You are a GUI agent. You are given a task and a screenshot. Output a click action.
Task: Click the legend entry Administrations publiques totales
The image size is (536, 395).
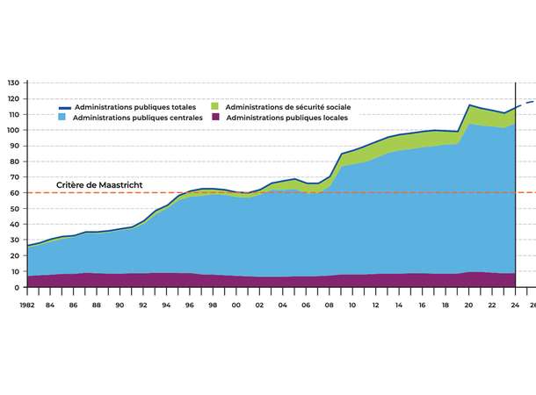point(135,106)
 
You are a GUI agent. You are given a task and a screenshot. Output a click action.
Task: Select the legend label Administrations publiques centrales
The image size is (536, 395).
point(138,117)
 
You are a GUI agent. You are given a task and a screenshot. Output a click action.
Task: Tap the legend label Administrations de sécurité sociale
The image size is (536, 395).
point(287,106)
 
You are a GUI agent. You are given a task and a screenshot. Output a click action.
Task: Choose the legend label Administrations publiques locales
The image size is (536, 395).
point(286,117)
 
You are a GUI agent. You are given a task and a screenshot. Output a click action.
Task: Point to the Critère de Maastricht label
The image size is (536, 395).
point(99,185)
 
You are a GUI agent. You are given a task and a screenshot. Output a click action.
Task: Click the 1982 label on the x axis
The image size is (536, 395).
point(28,305)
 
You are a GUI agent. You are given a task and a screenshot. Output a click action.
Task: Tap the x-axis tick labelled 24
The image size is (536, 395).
point(514,305)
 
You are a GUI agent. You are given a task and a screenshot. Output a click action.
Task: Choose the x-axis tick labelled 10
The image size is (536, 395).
point(352,305)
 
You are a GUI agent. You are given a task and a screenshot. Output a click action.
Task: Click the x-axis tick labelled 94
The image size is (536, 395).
point(167,305)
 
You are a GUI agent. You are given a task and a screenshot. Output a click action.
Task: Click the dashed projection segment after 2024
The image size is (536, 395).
point(525,103)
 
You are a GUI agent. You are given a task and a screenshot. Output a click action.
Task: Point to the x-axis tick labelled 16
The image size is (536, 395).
point(422,305)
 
